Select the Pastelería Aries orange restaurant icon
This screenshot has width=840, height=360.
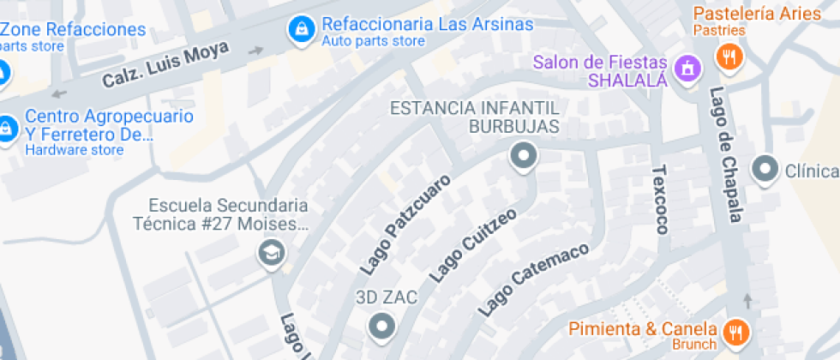(729, 57)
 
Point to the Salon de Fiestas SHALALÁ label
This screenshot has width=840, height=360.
(599, 71)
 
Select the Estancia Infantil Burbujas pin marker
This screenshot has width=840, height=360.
(523, 157)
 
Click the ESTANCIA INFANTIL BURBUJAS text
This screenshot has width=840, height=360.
(475, 117)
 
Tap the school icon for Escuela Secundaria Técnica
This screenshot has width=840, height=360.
(273, 253)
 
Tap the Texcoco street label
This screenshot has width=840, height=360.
(660, 200)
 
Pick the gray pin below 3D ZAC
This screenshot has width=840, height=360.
(381, 326)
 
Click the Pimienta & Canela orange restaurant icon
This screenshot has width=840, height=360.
(735, 331)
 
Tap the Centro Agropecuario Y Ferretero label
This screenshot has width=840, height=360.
(109, 125)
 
